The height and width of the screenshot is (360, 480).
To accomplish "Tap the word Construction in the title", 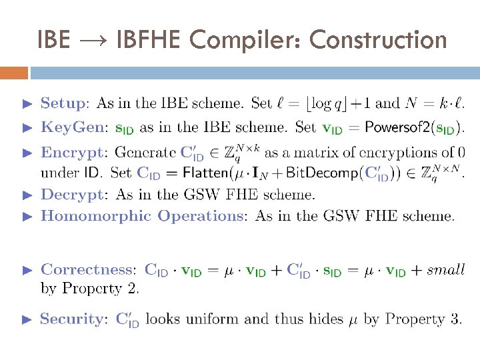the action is [x=378, y=40].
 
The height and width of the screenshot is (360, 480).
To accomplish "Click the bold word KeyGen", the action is [x=72, y=127].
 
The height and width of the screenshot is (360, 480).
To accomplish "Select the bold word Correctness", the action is [x=87, y=270].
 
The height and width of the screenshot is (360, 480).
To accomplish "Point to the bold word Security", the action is [x=71, y=319].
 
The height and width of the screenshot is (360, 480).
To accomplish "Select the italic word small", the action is [x=445, y=270].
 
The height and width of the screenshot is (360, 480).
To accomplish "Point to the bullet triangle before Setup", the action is [x=27, y=104].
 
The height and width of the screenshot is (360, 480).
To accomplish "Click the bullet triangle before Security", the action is [x=27, y=319].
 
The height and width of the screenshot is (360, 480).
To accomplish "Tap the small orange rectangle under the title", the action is [x=14, y=72].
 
